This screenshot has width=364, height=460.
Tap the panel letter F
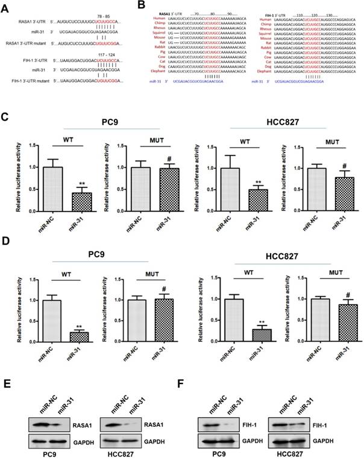click(192, 381)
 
